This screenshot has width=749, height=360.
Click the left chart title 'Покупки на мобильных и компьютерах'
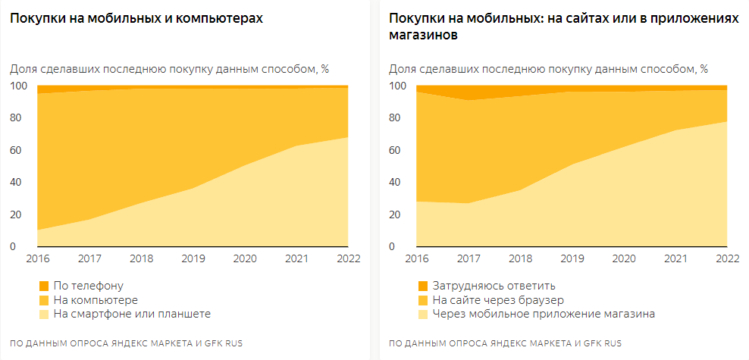click(x=136, y=19)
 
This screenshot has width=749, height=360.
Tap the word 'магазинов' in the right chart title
click(x=424, y=36)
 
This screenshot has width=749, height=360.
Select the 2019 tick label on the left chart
click(x=194, y=258)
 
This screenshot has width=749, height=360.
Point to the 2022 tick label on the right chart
click(x=726, y=258)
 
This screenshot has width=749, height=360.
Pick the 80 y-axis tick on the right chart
click(x=396, y=118)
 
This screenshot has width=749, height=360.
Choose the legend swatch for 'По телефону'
click(x=43, y=286)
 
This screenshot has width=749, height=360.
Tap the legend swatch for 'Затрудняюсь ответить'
click(x=422, y=286)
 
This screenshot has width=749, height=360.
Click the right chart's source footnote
click(x=505, y=343)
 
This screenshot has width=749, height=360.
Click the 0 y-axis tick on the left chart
click(x=12, y=247)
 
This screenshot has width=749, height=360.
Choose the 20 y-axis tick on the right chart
click(x=396, y=214)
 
